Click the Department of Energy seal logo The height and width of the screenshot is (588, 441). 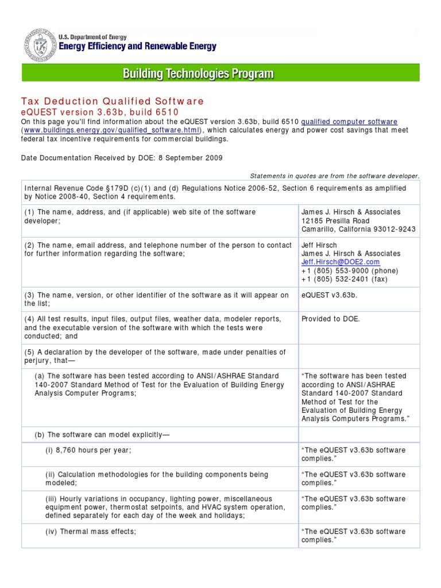pyautogui.click(x=40, y=45)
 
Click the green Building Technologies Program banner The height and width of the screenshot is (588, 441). pyautogui.click(x=220, y=73)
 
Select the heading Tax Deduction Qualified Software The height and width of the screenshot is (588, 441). pyautogui.click(x=113, y=102)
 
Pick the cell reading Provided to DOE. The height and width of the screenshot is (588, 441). pyautogui.click(x=331, y=319)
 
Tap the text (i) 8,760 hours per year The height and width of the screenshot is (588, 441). pyautogui.click(x=88, y=450)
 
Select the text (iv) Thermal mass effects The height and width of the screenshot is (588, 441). pyautogui.click(x=91, y=532)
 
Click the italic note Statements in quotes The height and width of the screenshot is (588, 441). pyautogui.click(x=335, y=176)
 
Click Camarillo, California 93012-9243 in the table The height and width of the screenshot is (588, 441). pyautogui.click(x=359, y=230)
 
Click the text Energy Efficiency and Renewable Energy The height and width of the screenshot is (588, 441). pyautogui.click(x=138, y=47)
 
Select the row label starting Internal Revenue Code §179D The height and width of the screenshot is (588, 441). pyautogui.click(x=214, y=192)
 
